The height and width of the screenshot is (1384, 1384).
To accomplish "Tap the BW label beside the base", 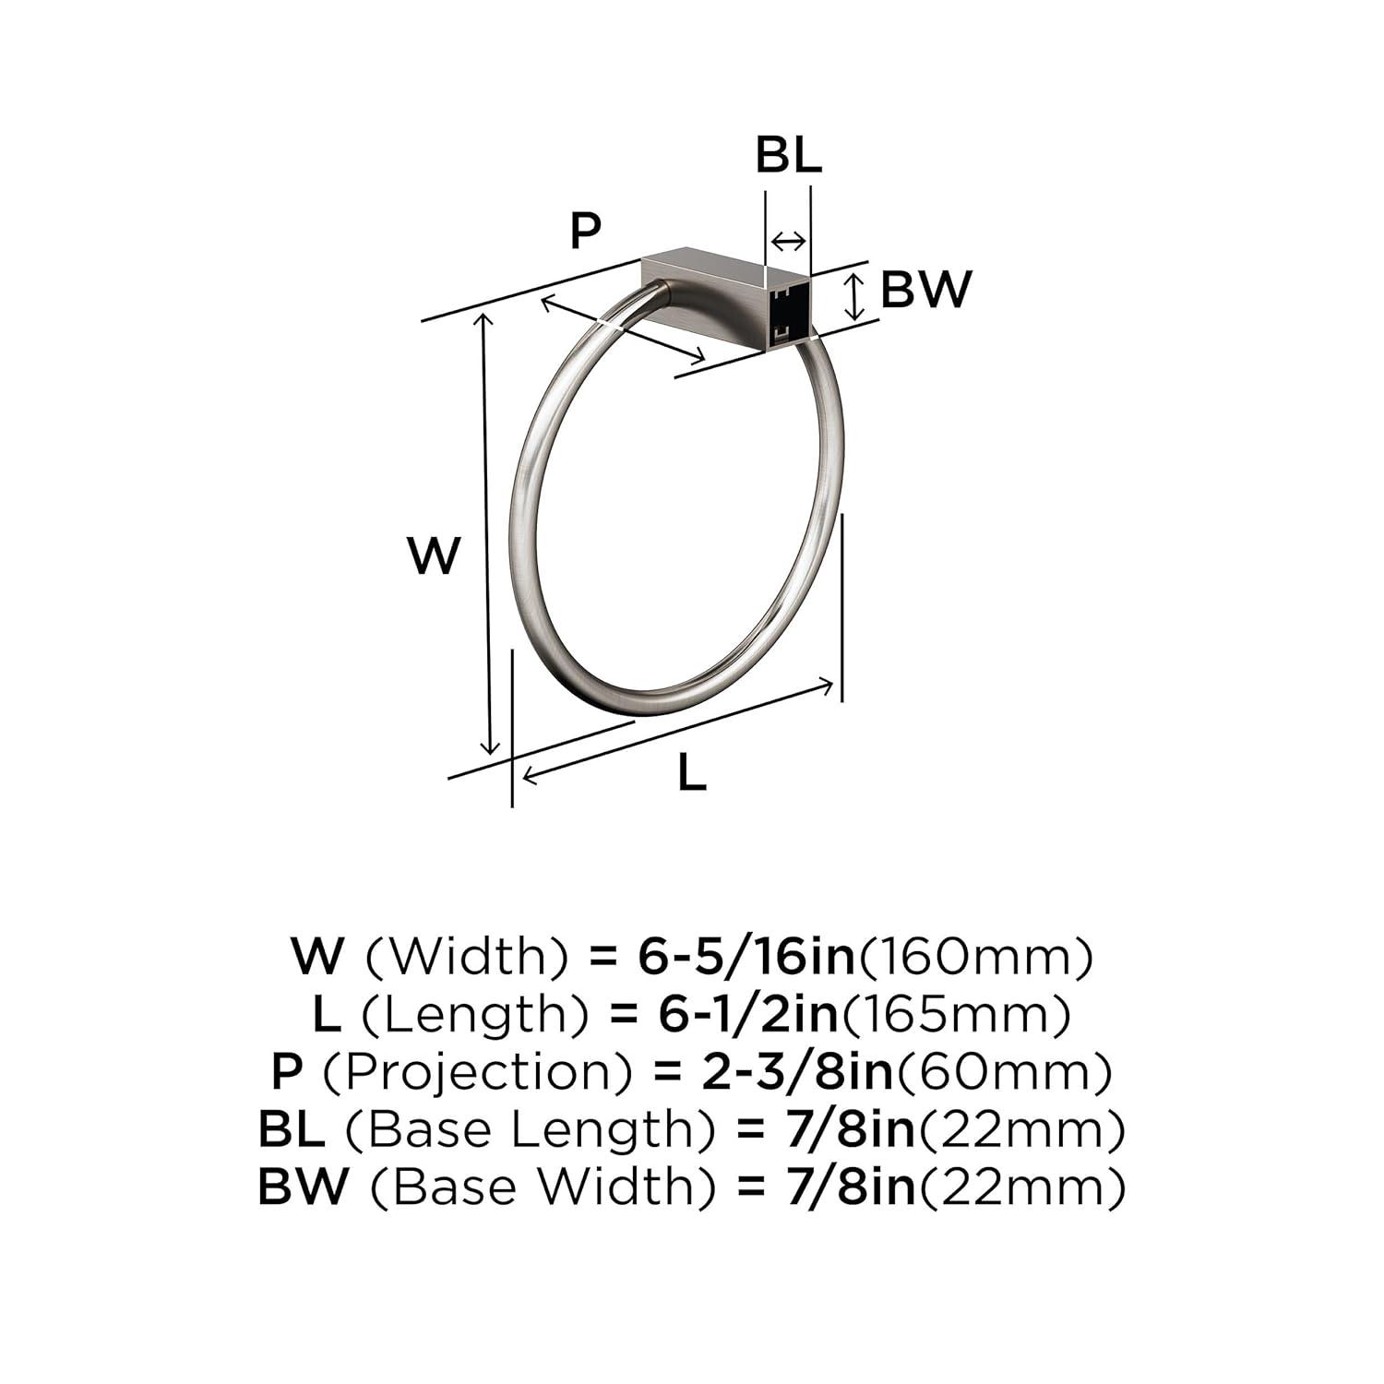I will [925, 290].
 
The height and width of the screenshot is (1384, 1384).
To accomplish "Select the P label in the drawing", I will [585, 230].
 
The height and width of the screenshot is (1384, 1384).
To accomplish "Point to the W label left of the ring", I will [434, 556].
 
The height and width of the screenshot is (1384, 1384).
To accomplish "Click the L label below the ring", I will [691, 773].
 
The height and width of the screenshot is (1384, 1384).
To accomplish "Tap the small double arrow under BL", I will [788, 242].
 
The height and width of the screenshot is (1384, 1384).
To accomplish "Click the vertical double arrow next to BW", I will [857, 295].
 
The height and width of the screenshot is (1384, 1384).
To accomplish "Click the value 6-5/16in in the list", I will [747, 957].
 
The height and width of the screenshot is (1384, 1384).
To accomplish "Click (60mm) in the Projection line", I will [1005, 1071].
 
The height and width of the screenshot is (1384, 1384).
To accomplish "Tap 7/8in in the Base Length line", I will [841, 1129].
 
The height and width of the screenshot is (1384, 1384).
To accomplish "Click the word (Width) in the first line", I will [467, 957].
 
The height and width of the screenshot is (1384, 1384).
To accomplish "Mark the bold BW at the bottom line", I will [304, 1187].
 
